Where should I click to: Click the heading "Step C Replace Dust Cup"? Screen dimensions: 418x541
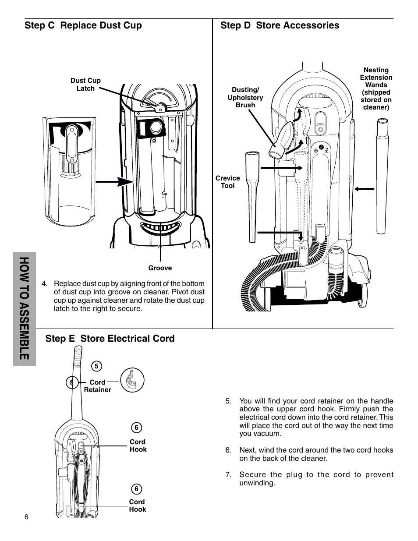tap(83, 25)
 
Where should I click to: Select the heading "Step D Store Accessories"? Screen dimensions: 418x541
tap(280, 25)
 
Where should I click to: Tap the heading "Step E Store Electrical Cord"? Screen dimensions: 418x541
tap(110, 339)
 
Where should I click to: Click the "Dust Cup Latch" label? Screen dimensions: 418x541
tap(85, 85)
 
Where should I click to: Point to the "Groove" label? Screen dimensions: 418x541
tap(160, 268)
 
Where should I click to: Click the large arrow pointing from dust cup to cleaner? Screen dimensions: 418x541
tap(115, 182)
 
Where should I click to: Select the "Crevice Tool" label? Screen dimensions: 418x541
tap(227, 182)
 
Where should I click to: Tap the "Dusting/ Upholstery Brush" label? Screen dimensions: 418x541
tap(245, 97)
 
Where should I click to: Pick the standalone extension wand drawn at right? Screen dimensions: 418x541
tap(382, 176)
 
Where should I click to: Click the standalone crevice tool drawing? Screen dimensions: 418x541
tap(252, 197)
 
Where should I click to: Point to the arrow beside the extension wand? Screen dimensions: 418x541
tap(364, 189)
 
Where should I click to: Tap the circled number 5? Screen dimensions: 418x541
tap(96, 366)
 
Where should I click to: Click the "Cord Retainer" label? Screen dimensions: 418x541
tap(97, 386)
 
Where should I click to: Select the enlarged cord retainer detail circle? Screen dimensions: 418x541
tap(132, 380)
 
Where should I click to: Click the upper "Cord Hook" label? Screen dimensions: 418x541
tap(138, 446)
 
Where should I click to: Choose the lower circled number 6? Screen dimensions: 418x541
tap(136, 489)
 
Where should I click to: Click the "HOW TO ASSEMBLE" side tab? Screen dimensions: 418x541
tap(25, 309)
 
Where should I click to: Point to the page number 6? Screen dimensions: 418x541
tap(26, 517)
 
